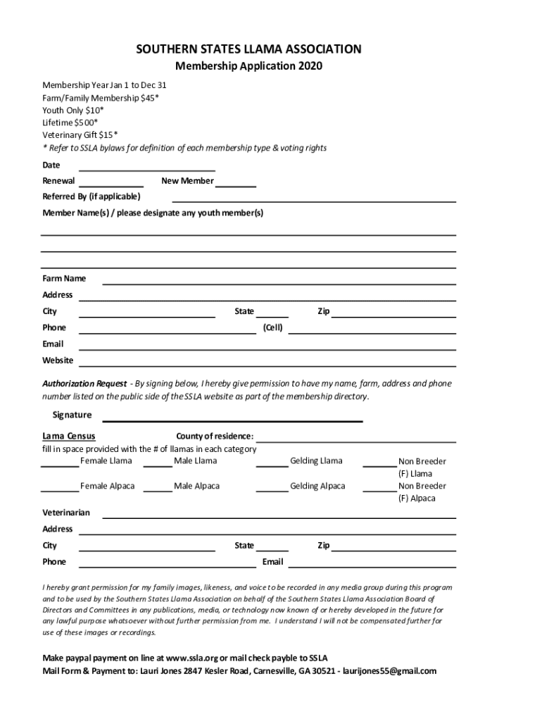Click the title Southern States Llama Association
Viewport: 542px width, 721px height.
(x=249, y=49)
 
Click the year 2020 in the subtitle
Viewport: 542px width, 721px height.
(x=310, y=67)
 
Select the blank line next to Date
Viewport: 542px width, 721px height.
(x=146, y=170)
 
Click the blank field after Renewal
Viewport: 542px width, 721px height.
(x=111, y=184)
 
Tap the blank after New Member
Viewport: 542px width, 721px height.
(x=237, y=184)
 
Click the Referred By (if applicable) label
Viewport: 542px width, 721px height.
(x=92, y=196)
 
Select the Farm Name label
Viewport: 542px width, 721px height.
(x=64, y=279)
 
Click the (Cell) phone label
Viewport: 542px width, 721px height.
(x=272, y=327)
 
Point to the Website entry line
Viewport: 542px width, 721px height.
(x=267, y=364)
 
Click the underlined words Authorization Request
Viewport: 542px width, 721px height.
(x=84, y=384)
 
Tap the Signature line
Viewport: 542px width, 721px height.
(x=234, y=420)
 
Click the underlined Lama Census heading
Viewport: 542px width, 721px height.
(x=69, y=437)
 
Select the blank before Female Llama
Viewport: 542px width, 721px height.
(x=60, y=465)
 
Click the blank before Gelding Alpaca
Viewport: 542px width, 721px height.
(x=272, y=490)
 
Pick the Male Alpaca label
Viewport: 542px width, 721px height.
(x=196, y=486)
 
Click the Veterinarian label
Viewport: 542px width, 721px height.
(x=66, y=513)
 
